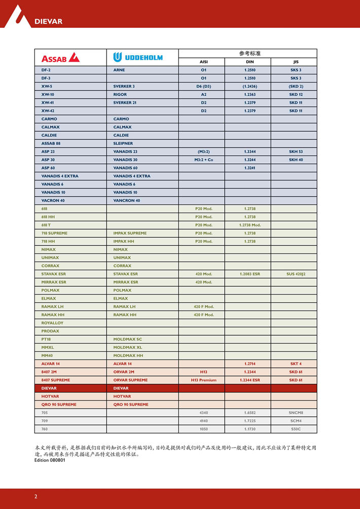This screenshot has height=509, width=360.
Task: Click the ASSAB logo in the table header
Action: [x=60, y=57]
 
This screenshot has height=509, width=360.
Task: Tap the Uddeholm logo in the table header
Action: [x=138, y=57]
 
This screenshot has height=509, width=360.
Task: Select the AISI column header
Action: [x=203, y=62]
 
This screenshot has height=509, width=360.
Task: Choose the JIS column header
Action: [x=296, y=62]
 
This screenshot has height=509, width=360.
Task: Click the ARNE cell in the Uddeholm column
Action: [x=119, y=70]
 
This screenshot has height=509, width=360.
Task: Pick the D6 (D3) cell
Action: [x=203, y=86]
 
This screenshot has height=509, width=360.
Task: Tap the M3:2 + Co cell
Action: [x=203, y=160]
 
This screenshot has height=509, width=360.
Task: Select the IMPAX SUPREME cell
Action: [x=130, y=233]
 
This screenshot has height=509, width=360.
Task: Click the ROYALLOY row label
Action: [x=52, y=323]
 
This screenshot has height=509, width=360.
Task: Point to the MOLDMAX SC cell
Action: [x=128, y=339]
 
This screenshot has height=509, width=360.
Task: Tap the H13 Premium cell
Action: [x=203, y=380]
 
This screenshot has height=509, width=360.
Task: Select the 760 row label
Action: [x=45, y=429]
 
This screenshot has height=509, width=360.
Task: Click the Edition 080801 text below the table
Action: [x=50, y=460]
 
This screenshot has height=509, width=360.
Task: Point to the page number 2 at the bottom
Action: [x=35, y=496]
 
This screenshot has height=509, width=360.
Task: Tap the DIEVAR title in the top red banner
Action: [x=48, y=21]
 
